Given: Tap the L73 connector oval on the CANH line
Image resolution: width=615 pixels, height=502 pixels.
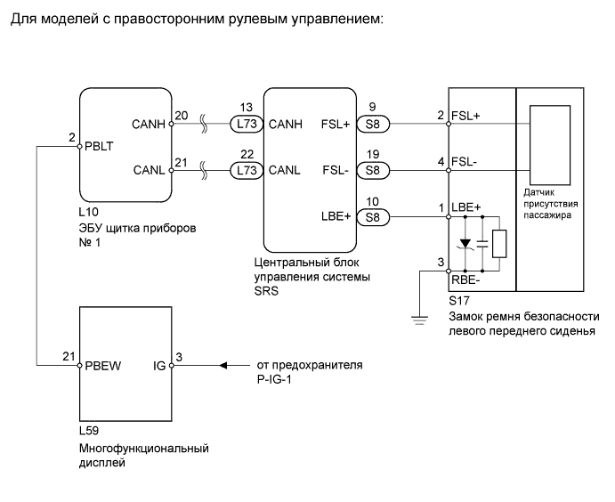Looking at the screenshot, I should [x=247, y=124].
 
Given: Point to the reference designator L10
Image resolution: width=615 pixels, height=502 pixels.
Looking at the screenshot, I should [x=89, y=215].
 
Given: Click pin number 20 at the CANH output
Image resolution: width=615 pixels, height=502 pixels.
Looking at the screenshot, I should [x=181, y=115].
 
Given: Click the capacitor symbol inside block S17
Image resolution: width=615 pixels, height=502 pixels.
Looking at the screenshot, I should [x=481, y=243].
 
